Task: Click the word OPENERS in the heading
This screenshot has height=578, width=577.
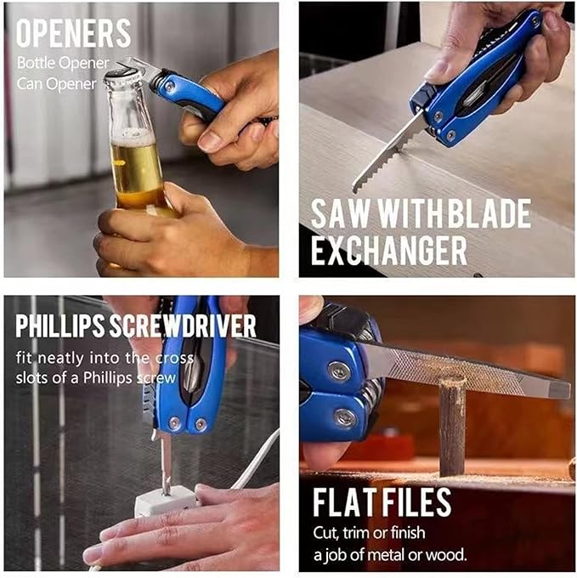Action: click(x=74, y=33)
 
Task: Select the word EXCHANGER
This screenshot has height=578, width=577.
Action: click(x=389, y=251)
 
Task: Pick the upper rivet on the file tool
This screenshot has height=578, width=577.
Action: click(x=339, y=370)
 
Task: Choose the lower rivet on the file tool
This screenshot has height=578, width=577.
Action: click(x=344, y=417)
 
